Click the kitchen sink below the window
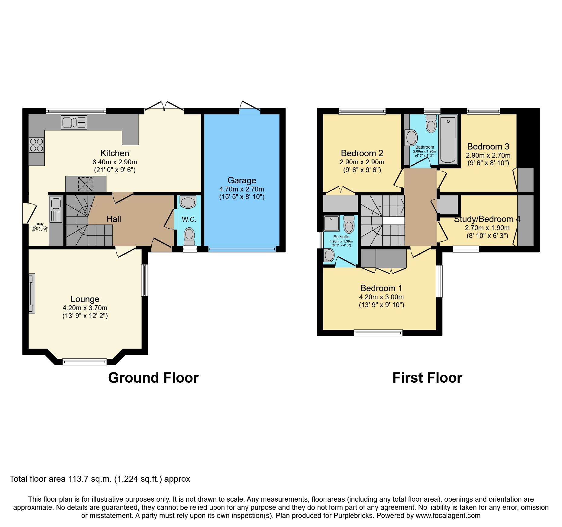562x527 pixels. tap(74, 123)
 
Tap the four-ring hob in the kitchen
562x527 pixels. tap(37, 145)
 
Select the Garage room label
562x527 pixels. tap(242, 180)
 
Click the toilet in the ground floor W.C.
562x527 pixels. tap(189, 236)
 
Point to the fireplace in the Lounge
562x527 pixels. tap(32, 293)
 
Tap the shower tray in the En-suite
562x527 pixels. tap(331, 223)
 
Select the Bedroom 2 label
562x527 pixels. tap(362, 153)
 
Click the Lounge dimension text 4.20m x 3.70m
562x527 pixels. tap(85, 308)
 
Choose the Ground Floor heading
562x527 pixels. tap(153, 378)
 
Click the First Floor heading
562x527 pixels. tap(427, 378)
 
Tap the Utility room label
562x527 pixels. tap(40, 224)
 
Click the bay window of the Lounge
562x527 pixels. tap(85, 362)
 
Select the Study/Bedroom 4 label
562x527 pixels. tap(487, 219)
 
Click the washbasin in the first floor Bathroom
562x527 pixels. tap(411, 138)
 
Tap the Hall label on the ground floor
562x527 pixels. tap(114, 219)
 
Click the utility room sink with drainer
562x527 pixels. tap(56, 210)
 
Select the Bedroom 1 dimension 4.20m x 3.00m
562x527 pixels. tap(381, 297)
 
